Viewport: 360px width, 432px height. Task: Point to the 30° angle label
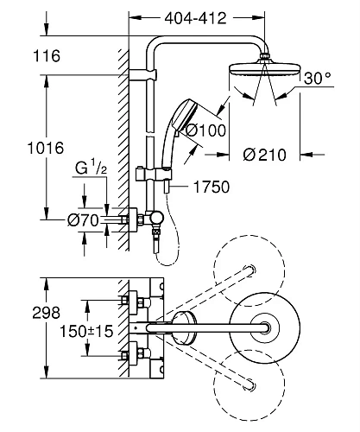[317, 77]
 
